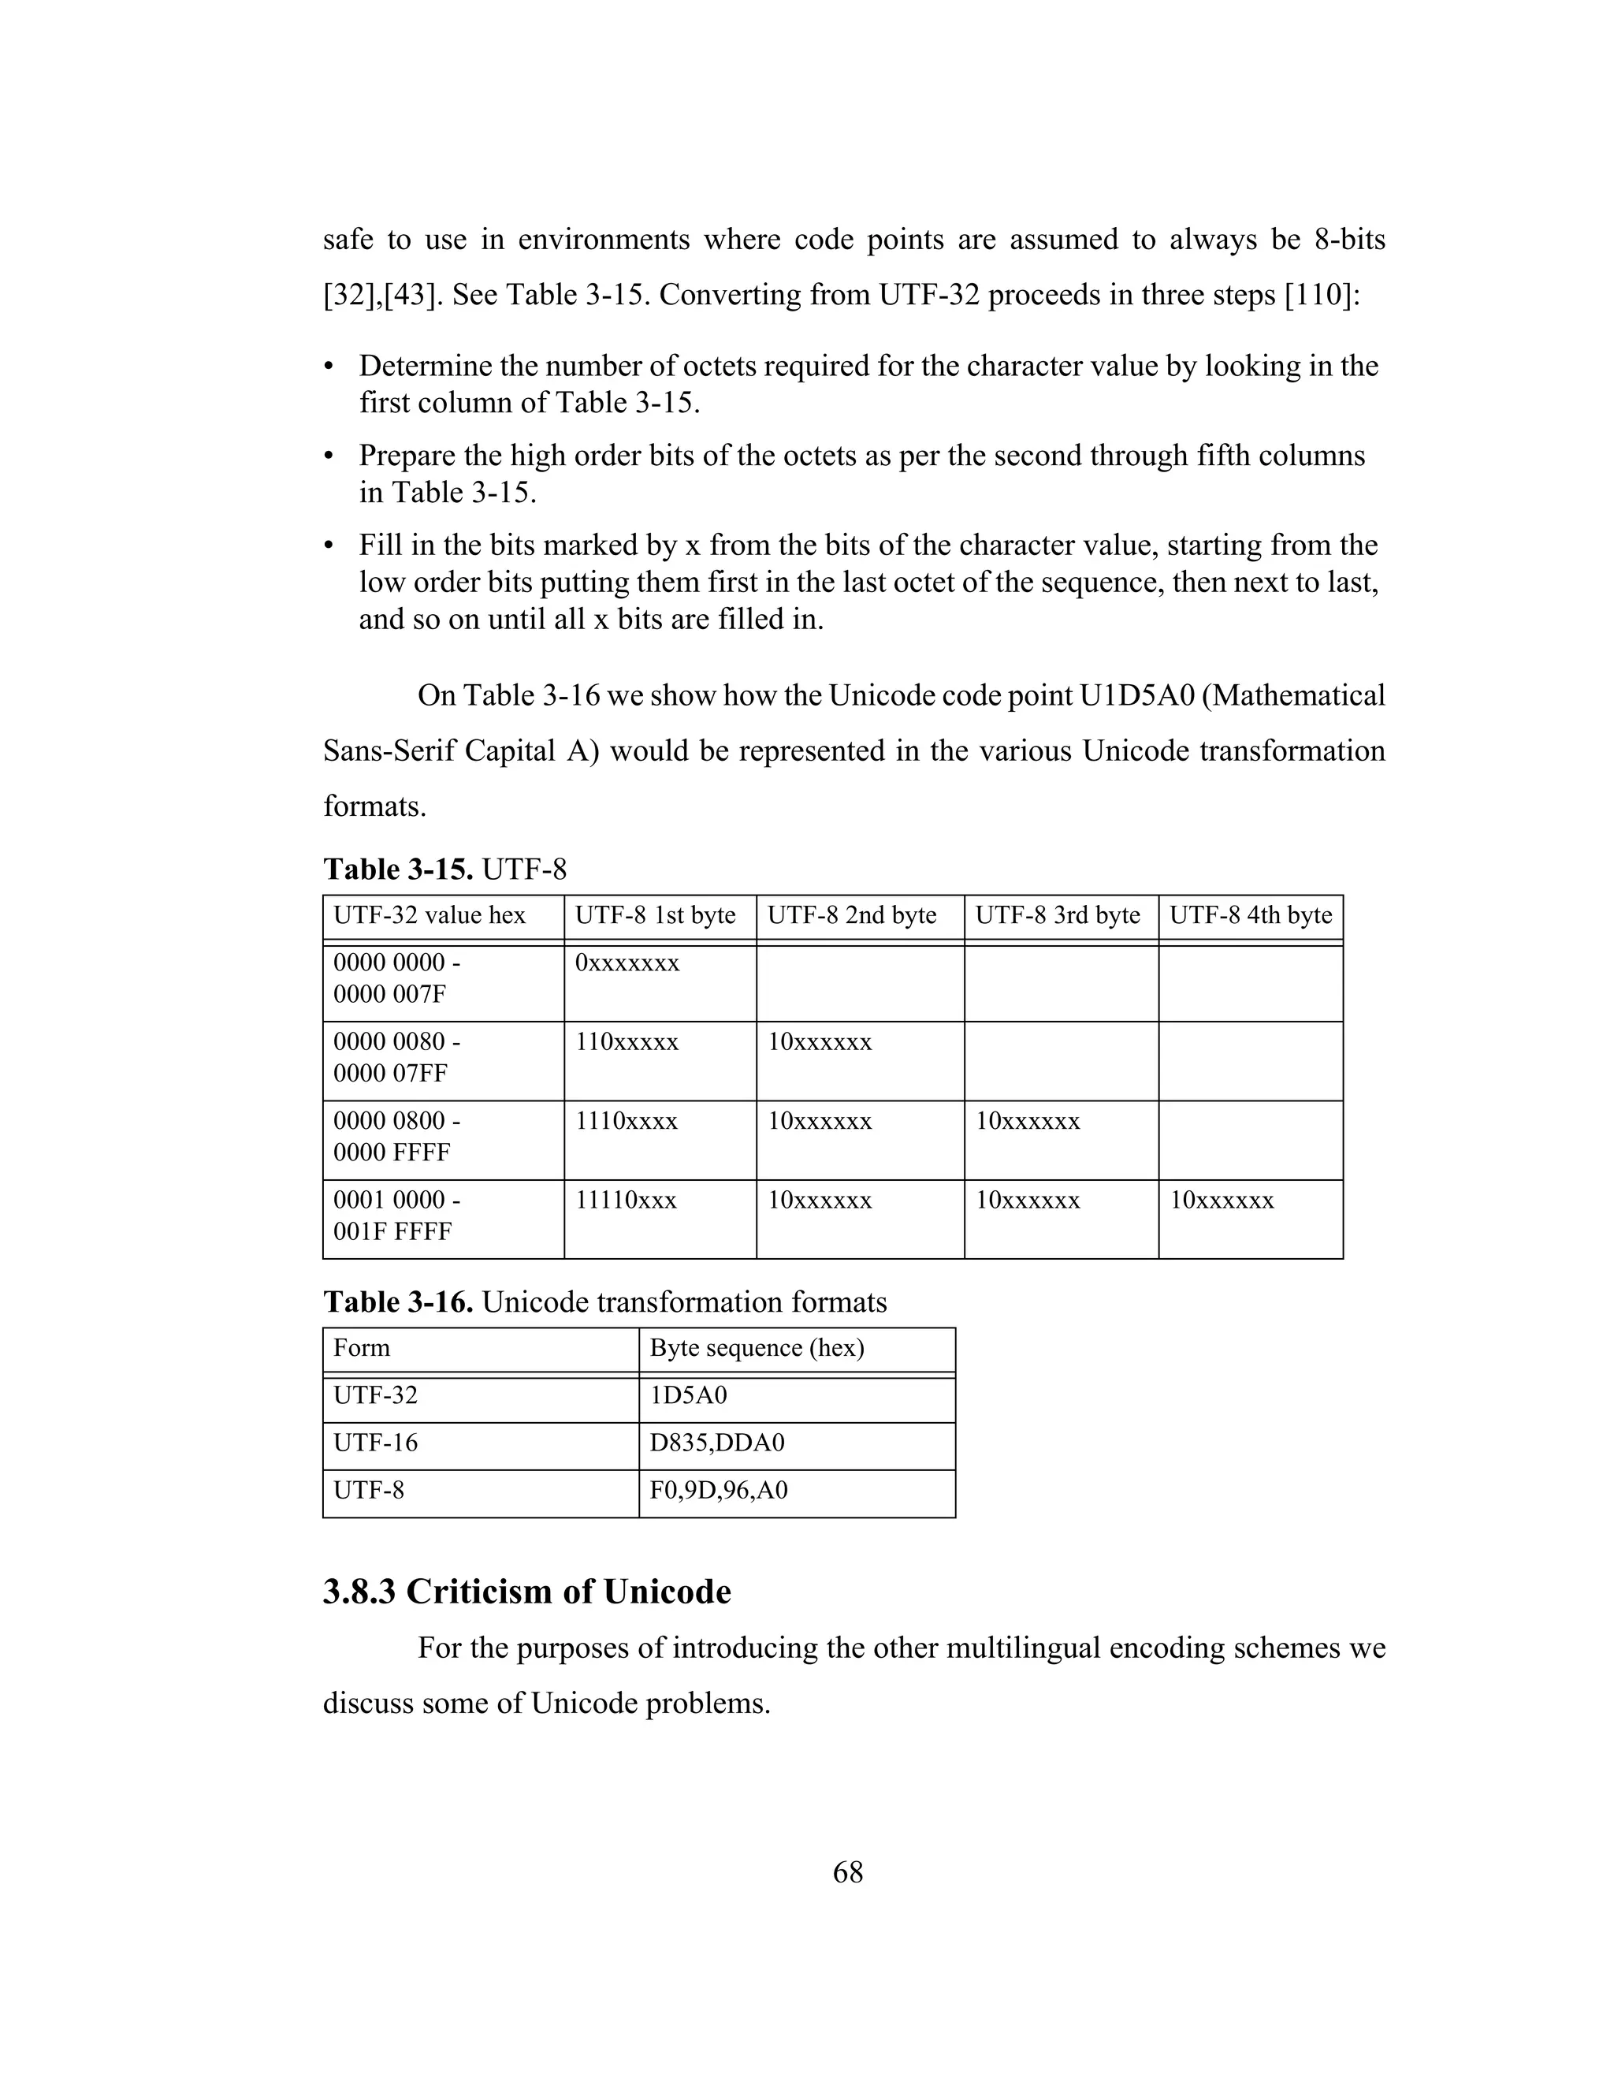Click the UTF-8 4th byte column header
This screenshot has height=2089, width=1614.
point(1250,915)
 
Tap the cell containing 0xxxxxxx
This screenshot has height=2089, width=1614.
point(627,963)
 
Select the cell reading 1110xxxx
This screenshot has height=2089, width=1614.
point(627,1121)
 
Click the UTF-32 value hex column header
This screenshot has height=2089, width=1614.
point(430,915)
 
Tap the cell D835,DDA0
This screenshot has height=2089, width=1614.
point(716,1443)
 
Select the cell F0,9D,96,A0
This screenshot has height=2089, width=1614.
point(718,1490)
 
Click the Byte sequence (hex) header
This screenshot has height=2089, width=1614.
point(757,1348)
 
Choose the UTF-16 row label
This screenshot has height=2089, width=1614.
point(375,1443)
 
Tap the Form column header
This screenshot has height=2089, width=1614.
point(362,1348)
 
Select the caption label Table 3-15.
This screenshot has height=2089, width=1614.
point(398,869)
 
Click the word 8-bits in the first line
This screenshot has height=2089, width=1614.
point(1349,239)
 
